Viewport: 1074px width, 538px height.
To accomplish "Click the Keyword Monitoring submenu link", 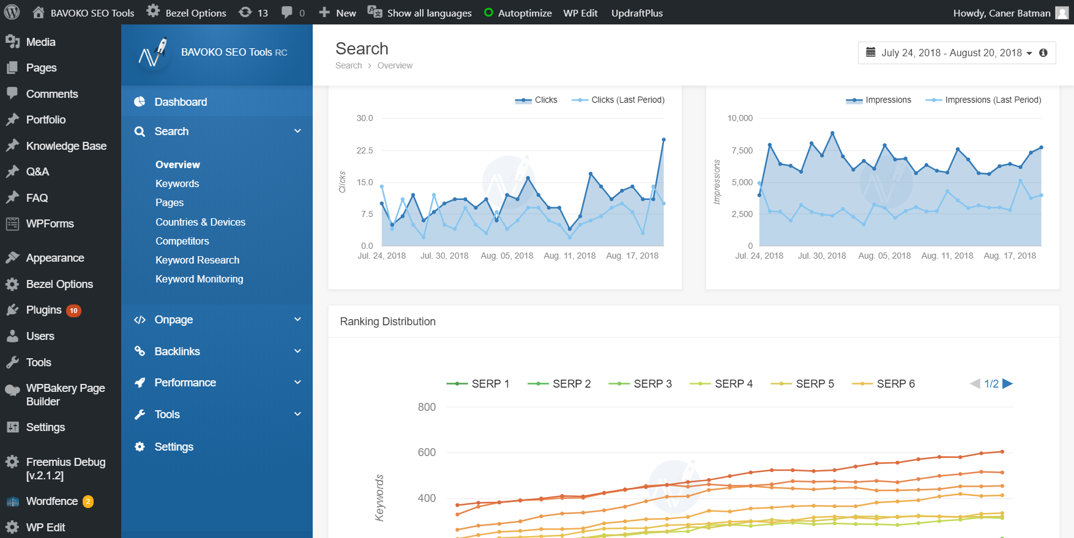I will point(199,279).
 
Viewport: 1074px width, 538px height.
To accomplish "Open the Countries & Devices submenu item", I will point(200,222).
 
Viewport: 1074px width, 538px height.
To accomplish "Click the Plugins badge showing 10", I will point(73,311).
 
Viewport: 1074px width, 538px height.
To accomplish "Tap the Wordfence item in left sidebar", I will point(51,501).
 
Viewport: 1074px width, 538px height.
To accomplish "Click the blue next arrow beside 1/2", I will point(1007,384).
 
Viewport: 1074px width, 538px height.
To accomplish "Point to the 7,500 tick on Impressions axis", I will point(742,150).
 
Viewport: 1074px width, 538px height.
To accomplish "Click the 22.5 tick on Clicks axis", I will point(365,150).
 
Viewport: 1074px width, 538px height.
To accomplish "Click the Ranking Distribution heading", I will point(387,322).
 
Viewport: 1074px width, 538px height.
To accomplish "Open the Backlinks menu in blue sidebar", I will point(177,352).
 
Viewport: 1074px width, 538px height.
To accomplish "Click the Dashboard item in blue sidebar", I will point(181,102).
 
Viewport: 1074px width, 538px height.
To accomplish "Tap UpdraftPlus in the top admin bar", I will point(636,13).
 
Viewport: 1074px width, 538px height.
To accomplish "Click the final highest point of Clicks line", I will point(663,140).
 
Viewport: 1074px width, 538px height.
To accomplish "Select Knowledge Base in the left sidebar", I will point(66,146).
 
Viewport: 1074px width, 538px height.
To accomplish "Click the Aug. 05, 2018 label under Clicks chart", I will point(507,256).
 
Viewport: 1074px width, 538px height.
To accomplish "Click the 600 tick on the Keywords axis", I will point(427,452).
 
